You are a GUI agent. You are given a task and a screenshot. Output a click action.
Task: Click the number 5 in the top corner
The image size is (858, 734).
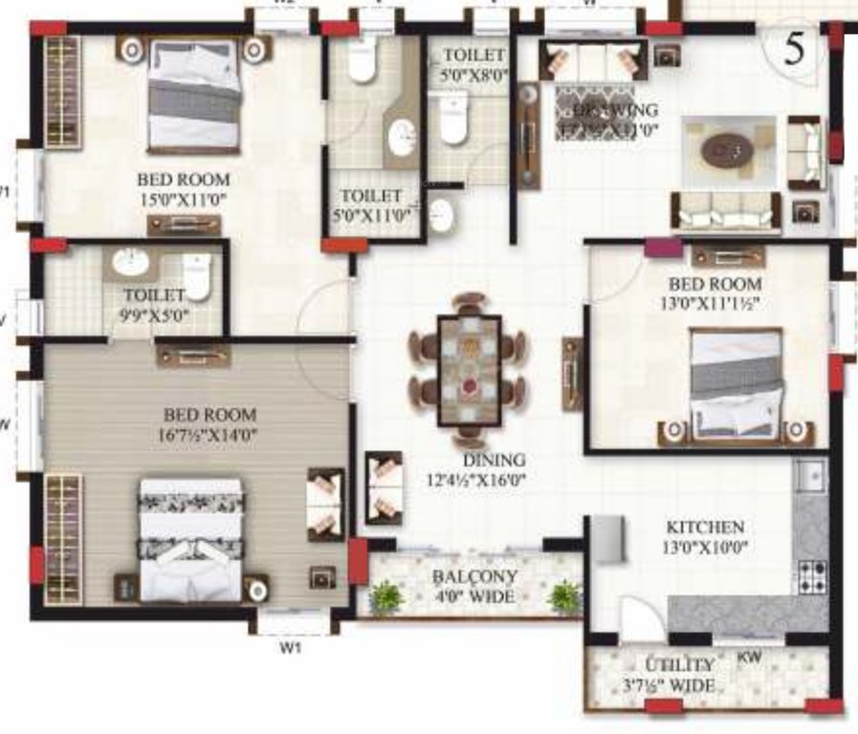[793, 48]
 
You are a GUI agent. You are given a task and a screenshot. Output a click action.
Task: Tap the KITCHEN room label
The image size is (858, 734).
[705, 527]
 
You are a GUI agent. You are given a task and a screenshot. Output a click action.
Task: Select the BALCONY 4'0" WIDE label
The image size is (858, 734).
[474, 587]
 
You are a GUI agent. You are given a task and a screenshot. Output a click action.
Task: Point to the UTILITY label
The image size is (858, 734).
[678, 664]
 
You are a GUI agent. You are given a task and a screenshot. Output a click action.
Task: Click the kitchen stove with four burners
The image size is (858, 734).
[812, 575]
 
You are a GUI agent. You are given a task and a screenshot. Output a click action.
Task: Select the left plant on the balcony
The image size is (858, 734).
[385, 596]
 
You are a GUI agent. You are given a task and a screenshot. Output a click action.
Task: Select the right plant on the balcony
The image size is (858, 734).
[564, 596]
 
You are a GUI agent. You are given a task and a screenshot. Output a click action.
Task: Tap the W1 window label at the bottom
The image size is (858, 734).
[292, 648]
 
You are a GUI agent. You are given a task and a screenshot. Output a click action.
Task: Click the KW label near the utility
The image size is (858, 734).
[749, 658]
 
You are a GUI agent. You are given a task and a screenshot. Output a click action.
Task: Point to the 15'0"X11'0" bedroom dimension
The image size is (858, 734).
[185, 198]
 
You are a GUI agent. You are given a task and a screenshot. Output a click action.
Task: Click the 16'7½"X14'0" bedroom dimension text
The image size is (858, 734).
[210, 434]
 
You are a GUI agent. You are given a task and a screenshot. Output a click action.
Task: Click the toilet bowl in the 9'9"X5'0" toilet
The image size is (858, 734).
[196, 276]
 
